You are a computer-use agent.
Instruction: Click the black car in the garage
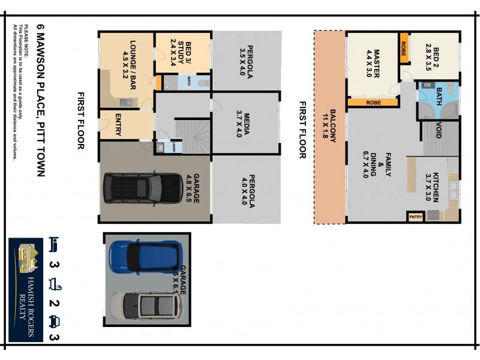tap(143, 188)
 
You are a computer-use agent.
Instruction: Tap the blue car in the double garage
tap(145, 256)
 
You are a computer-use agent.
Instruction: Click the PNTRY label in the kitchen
tap(415, 217)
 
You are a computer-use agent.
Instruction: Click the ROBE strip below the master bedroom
tap(373, 103)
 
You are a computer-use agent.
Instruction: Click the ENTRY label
tap(118, 125)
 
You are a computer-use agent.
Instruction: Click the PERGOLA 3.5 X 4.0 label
tap(247, 59)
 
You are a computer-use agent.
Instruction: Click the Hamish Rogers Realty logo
tap(25, 290)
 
